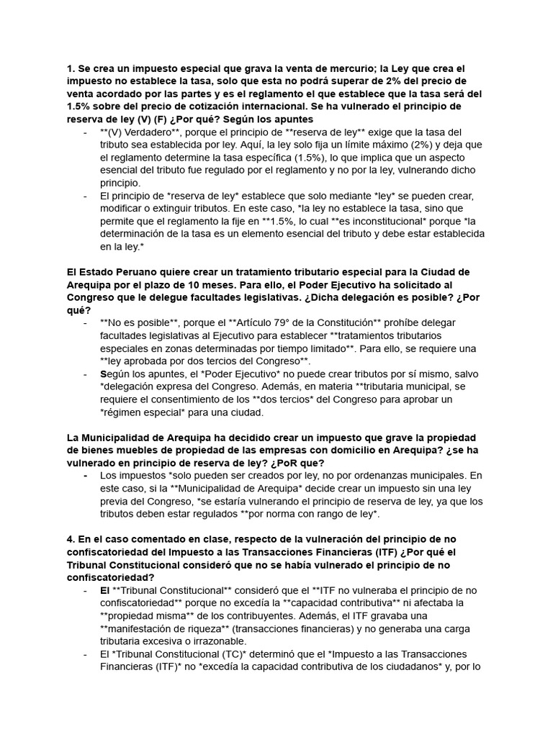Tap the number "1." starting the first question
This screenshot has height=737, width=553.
point(71,68)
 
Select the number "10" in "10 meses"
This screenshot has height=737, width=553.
point(179,285)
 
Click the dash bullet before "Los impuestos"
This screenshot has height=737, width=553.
point(85,476)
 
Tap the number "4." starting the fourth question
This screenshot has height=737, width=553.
point(71,539)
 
